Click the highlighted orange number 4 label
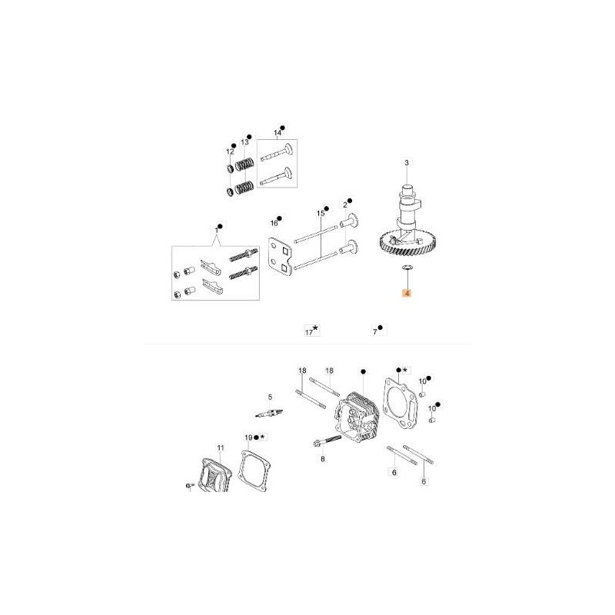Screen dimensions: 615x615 point(407,294)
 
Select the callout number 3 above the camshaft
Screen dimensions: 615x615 point(407,162)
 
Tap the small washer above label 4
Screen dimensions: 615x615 point(407,268)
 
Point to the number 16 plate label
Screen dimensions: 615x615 point(274,223)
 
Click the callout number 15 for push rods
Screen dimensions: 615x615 point(321,214)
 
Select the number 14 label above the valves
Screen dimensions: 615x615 point(278,133)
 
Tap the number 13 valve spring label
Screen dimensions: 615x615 point(244,142)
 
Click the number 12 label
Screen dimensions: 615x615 point(230,151)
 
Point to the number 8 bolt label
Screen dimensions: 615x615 point(323,459)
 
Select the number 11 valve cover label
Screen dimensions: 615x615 point(221,447)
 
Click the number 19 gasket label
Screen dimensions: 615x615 point(248,437)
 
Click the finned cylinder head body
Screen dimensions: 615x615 point(357,417)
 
